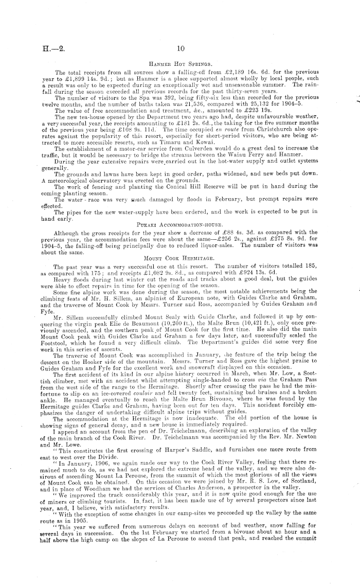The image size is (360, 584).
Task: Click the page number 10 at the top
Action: pyautogui.click(x=179, y=49)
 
